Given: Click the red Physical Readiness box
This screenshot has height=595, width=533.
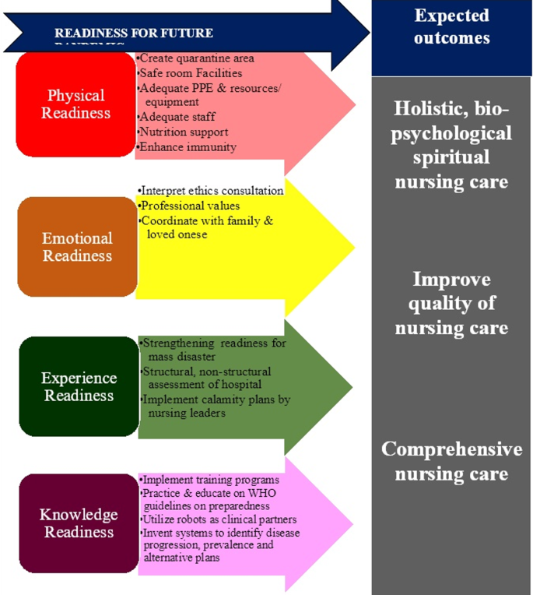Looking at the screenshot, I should click(x=76, y=104).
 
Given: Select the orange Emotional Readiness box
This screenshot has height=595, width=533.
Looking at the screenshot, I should click(x=77, y=247).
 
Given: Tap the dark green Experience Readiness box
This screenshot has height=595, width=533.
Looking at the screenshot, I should click(x=79, y=387).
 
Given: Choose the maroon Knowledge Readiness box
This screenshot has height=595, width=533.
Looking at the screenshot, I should click(x=79, y=523).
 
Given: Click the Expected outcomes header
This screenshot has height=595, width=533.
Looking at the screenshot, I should click(x=451, y=26).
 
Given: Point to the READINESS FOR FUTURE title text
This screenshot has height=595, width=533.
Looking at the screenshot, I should click(x=134, y=33).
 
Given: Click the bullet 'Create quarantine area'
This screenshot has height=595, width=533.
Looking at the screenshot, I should click(x=196, y=58).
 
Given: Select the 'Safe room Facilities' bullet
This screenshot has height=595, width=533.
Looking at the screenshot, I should click(x=191, y=73).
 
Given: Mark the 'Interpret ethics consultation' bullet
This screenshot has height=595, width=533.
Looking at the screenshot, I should click(x=211, y=191).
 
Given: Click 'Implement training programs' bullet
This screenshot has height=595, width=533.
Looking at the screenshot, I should click(x=209, y=480).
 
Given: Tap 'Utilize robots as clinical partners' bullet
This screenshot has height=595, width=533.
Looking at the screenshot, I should click(x=219, y=519).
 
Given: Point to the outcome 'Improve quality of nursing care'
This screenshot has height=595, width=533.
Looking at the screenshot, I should click(x=451, y=304).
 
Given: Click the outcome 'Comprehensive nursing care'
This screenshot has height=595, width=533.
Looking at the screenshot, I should click(x=451, y=461).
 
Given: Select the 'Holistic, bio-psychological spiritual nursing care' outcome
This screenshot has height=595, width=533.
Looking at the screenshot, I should click(x=451, y=145).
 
